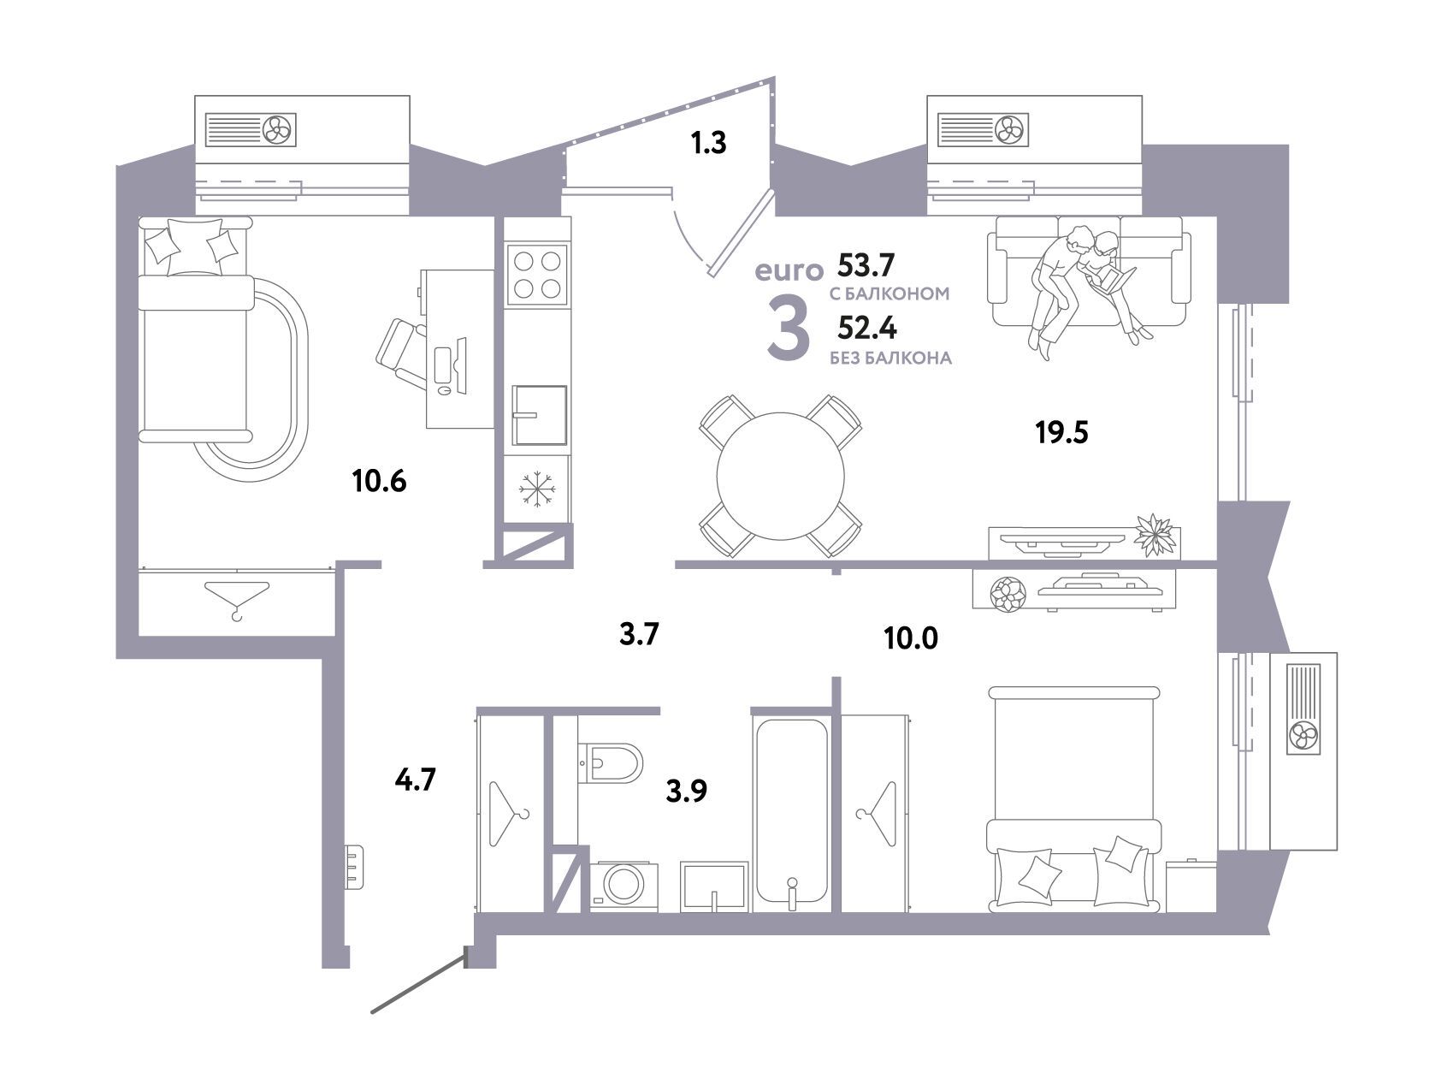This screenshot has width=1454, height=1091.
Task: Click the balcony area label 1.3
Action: point(708,143)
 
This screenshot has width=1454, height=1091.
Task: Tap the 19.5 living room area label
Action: point(1061,434)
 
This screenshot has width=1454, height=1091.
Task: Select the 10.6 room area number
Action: point(379,482)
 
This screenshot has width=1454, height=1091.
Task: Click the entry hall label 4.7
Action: point(417,780)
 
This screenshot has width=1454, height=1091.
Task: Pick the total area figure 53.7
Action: point(866,266)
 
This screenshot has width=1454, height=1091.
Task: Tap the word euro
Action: point(789,272)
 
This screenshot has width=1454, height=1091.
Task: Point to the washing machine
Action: point(624,886)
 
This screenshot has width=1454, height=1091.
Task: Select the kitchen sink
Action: point(540,415)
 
